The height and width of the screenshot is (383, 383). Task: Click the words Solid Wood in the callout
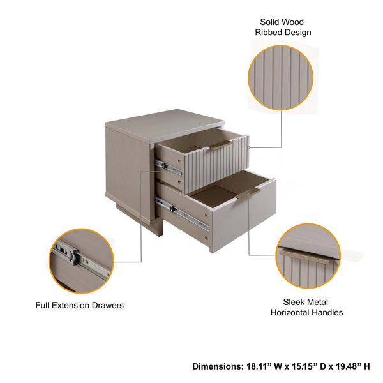(282, 22)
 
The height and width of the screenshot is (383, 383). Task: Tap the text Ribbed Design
(282, 32)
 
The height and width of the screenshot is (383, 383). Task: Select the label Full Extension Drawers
(80, 305)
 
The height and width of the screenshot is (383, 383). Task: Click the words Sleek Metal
(306, 302)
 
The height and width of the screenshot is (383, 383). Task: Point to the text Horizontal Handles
(306, 313)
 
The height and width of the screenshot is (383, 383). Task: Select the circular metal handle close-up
(309, 255)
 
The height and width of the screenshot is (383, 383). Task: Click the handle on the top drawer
(221, 146)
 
